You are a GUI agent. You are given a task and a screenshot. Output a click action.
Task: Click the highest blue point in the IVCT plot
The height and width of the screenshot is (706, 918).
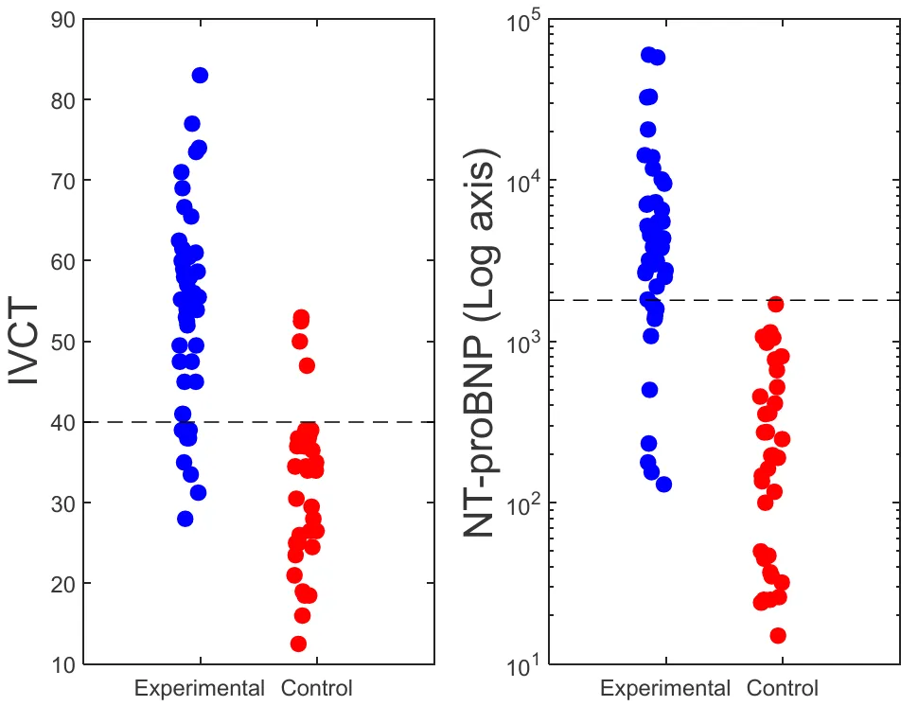[200, 76]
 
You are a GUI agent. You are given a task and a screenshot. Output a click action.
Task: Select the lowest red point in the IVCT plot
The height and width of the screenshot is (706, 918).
[298, 644]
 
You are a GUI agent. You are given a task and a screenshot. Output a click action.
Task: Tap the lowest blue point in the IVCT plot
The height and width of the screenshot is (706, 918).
[185, 519]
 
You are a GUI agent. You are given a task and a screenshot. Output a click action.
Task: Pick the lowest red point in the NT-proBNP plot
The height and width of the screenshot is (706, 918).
[777, 635]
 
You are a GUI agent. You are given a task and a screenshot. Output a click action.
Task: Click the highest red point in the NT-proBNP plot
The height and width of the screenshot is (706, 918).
[775, 304]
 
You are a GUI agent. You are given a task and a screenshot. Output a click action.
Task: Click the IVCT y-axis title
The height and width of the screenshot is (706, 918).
[26, 343]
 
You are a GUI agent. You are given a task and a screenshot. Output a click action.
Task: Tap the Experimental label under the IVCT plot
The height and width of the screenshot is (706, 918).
[200, 688]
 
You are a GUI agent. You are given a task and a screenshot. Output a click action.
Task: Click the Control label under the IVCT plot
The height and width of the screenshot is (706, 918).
[316, 688]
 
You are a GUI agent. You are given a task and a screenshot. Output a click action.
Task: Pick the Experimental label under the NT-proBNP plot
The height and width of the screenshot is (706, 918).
[665, 688]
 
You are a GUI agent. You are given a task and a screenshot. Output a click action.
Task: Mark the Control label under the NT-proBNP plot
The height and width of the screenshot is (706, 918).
[782, 688]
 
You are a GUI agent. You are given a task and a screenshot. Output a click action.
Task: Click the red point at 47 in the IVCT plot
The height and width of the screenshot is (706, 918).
[307, 366]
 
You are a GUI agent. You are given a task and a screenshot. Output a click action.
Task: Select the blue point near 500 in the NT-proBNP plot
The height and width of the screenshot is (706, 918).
[649, 390]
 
